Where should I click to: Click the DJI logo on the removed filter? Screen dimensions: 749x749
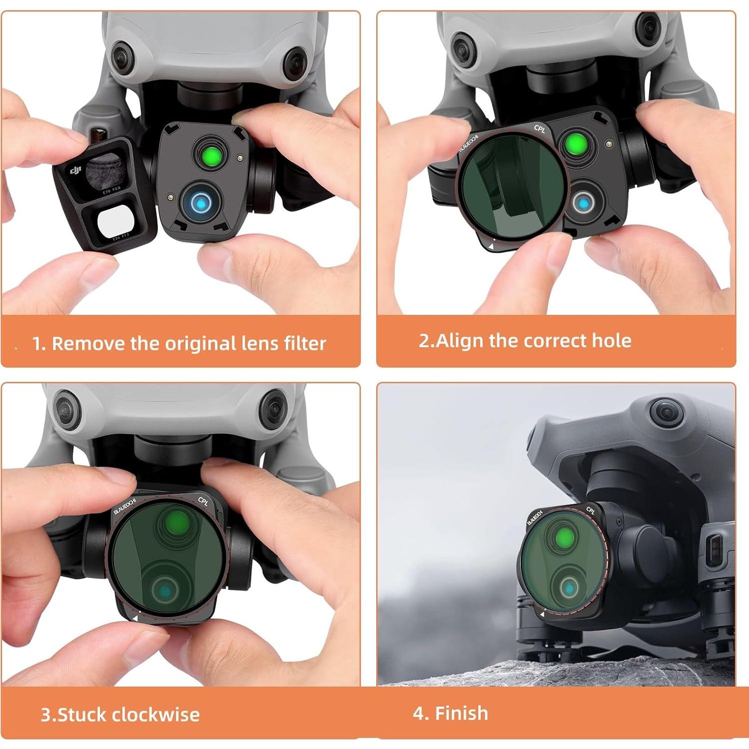click(x=75, y=171)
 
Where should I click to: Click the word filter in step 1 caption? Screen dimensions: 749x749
click(x=304, y=343)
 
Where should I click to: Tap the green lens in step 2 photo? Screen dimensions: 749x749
click(x=576, y=145)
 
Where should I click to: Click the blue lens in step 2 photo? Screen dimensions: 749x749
click(x=583, y=203)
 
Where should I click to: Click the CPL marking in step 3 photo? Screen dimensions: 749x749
click(x=203, y=501)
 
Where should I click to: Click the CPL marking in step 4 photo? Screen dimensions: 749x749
click(x=590, y=510)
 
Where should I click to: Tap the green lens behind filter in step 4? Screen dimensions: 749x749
click(x=565, y=538)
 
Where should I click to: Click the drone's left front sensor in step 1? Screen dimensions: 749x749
click(x=121, y=57)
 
